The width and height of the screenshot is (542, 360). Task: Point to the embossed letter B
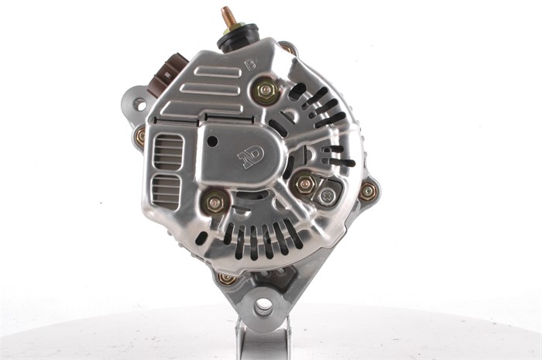click(x=250, y=65)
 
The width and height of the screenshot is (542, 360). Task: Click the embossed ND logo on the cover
click(x=251, y=157)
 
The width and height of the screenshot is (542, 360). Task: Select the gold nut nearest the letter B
click(x=266, y=91)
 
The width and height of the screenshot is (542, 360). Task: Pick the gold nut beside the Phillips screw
click(x=304, y=184)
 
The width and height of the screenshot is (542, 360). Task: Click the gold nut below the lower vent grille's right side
click(x=215, y=203)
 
